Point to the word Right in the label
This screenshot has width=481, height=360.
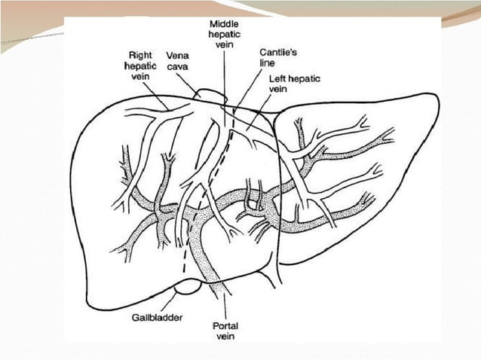(142, 54)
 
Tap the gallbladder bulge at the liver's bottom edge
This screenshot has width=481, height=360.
(188, 288)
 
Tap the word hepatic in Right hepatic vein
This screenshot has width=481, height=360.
(142, 66)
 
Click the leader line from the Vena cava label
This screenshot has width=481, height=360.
(188, 82)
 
